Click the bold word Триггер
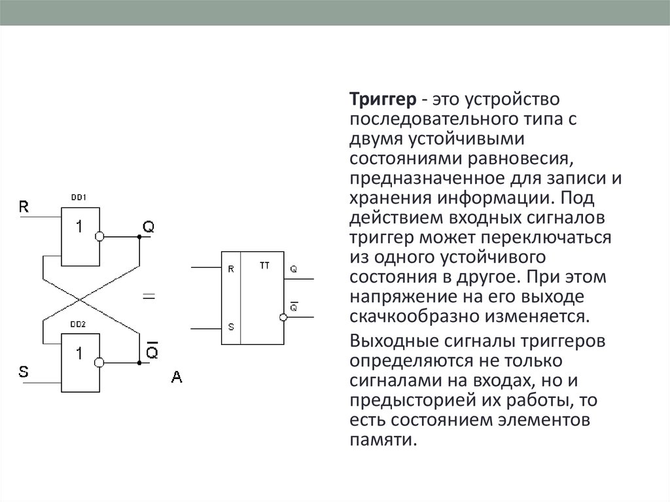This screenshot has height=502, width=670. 383,100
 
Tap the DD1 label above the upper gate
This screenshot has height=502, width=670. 79,196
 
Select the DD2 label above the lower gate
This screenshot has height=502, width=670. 79,323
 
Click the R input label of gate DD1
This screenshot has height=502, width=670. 24,207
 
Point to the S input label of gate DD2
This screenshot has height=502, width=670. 24,372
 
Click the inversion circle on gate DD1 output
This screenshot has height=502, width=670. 100,236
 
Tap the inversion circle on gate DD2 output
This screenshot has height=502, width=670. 100,362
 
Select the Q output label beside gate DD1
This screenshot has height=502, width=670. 149,227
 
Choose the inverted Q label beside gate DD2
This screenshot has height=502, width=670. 151,351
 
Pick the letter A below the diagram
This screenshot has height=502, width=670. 176,377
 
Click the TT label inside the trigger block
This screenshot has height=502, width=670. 264,267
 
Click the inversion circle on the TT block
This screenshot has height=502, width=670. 283,317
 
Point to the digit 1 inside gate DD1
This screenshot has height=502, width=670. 79,228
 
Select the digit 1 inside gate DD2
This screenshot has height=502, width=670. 79,354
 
